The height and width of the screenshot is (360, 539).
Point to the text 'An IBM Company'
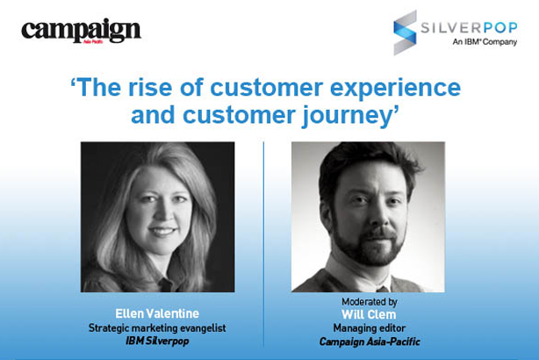(485, 41)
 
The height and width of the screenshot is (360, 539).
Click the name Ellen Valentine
(157, 313)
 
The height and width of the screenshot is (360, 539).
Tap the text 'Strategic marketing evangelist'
(157, 328)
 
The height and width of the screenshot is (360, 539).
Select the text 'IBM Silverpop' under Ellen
(157, 342)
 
